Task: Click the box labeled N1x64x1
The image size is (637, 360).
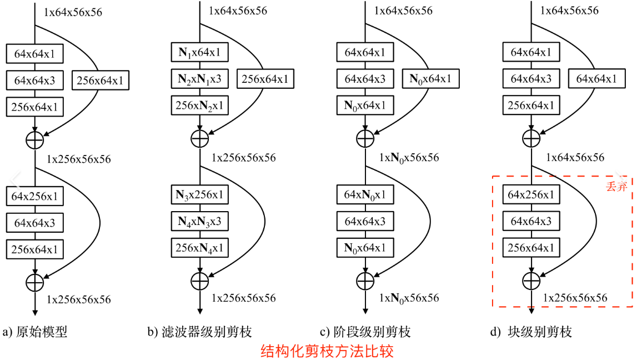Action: [x=199, y=53]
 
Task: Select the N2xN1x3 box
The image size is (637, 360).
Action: [x=199, y=79]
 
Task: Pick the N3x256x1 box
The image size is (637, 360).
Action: [x=199, y=196]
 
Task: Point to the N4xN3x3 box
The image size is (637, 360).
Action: [x=199, y=222]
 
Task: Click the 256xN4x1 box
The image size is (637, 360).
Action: [x=199, y=248]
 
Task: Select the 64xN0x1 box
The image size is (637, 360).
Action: [x=365, y=196]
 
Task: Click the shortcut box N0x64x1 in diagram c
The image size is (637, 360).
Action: [x=430, y=79]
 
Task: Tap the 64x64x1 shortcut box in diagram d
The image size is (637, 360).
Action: [x=596, y=79]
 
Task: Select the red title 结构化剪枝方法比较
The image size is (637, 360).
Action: [x=327, y=351]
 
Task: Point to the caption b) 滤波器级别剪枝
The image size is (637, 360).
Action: [x=199, y=332]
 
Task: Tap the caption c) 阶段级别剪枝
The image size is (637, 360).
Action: [x=365, y=332]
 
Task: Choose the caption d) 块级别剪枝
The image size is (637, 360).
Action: [x=531, y=332]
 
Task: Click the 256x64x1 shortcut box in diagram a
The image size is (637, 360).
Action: [x=101, y=81]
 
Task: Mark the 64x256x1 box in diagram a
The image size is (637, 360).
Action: [x=34, y=197]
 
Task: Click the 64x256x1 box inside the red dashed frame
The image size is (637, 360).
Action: [x=531, y=196]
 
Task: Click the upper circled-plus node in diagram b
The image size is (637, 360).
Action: [x=199, y=138]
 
